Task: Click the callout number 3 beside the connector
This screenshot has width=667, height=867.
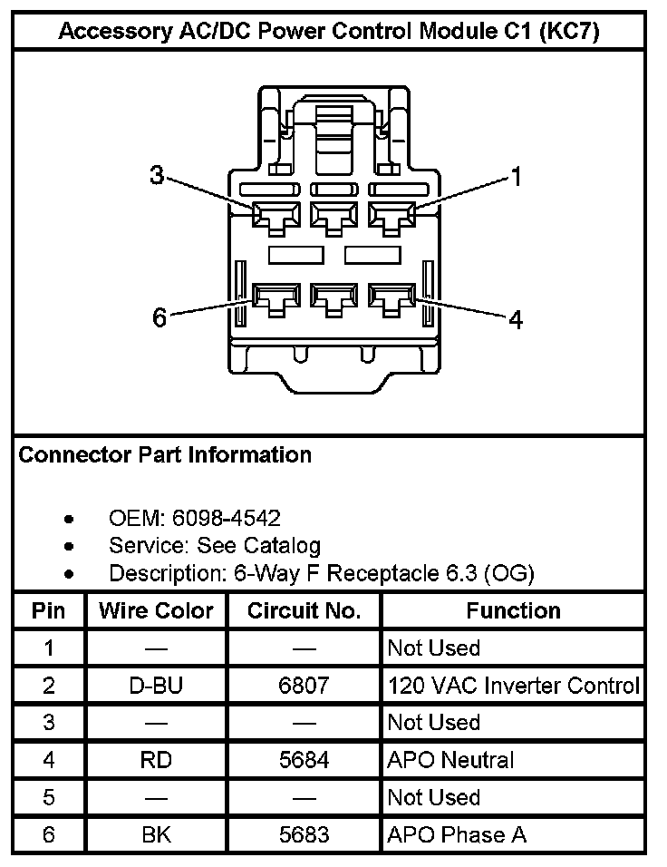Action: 157,176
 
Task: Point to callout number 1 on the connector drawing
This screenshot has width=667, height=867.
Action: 517,177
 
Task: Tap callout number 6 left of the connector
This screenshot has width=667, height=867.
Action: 159,318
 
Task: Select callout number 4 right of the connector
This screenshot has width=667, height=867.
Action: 516,319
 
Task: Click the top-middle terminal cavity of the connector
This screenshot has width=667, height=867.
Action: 332,217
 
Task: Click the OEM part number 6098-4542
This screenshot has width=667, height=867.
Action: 228,518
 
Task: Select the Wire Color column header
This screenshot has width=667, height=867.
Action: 156,610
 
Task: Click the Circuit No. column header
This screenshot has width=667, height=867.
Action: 304,610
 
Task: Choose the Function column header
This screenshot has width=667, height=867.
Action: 513,610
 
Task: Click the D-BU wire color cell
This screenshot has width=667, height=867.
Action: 156,686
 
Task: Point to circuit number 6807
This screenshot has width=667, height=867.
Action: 304,686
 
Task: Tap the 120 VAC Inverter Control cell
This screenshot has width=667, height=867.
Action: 513,686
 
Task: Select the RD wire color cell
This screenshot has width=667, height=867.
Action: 156,760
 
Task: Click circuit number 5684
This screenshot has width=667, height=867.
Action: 304,760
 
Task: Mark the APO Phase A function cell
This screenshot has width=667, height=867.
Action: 457,834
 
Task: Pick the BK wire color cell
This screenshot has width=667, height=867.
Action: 156,834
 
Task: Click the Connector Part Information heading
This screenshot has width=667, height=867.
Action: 165,454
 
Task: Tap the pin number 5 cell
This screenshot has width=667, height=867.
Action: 49,797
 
